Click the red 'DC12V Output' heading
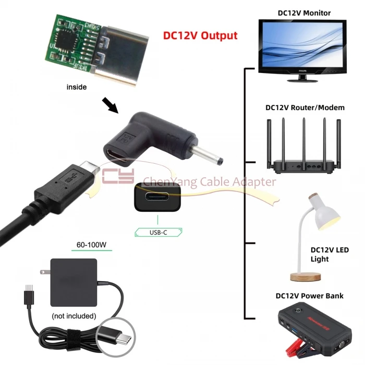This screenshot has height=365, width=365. point(201,35)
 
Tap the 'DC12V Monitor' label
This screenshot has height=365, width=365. point(297,13)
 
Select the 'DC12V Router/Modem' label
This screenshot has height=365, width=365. point(305,107)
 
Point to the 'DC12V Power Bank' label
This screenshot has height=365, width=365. point(309,296)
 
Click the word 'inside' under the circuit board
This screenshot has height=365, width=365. point(77,87)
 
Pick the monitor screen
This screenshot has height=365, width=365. point(302,44)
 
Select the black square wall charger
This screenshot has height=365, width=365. point(74,282)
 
